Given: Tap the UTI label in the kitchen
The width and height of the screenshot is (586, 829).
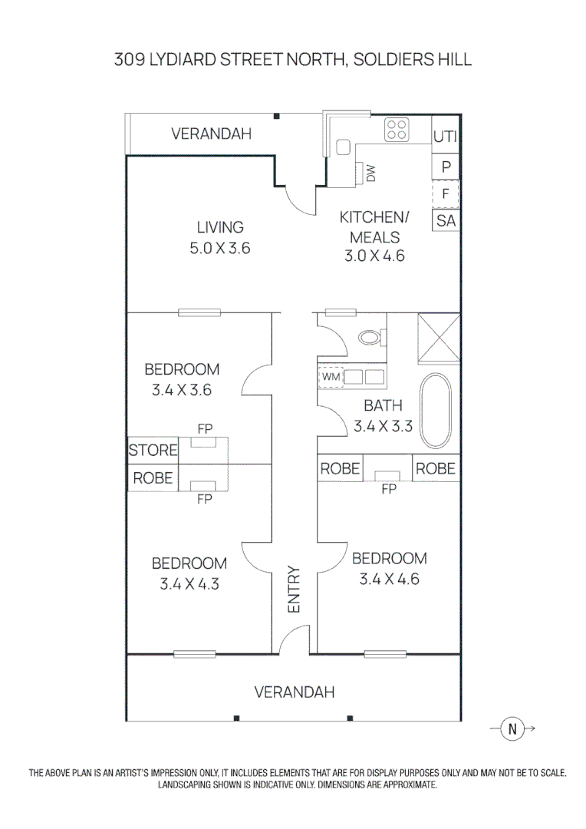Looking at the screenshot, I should click(x=445, y=137).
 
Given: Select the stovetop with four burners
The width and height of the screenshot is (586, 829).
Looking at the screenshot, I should click(x=397, y=129).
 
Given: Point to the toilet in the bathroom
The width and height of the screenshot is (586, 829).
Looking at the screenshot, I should click(x=371, y=337).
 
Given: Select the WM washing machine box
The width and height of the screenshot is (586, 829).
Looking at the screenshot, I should click(x=331, y=377).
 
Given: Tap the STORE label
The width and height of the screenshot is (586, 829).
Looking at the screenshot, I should click(x=153, y=451).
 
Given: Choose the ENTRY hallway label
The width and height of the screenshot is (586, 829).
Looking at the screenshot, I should click(x=294, y=589).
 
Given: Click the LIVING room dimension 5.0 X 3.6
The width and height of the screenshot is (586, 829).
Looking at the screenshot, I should click(x=220, y=248).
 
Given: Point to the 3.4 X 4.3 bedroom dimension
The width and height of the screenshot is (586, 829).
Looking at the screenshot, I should click(x=189, y=583).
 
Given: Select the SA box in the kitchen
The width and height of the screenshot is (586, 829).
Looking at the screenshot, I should click(x=446, y=221).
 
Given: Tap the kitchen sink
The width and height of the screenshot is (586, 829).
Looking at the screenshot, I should click(x=343, y=147).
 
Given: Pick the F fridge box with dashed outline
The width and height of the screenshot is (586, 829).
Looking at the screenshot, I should click(x=446, y=193).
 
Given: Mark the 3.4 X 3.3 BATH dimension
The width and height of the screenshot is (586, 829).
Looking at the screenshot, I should click(x=383, y=425).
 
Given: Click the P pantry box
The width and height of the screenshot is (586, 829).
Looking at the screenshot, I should click(x=446, y=165).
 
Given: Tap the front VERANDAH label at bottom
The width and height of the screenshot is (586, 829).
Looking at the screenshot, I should click(x=295, y=692).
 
